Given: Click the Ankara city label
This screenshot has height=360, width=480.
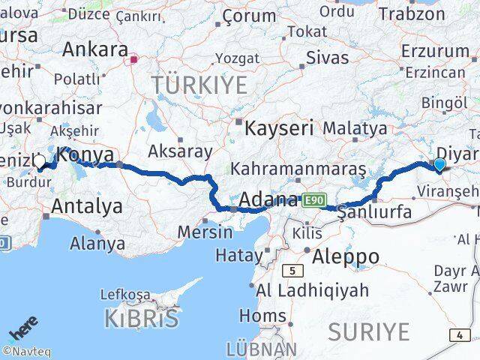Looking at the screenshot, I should point(94,49).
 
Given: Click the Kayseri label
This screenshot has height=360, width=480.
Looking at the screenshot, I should point(280,127).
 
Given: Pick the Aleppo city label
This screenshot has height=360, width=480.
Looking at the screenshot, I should point(346,256).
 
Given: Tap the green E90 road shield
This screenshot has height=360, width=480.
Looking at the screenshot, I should point(313,200).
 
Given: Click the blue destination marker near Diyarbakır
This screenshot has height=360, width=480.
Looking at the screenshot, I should point(439,165).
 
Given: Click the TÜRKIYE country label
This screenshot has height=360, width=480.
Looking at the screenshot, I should point(199,85).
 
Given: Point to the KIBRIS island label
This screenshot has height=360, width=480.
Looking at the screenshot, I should point(142,318).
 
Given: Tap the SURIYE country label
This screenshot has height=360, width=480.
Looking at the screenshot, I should point(368,331).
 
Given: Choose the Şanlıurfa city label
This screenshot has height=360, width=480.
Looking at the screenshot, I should point(375,213).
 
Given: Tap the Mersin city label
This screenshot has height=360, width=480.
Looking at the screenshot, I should point(205,232).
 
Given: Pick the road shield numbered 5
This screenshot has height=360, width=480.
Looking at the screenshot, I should point(293,271).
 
